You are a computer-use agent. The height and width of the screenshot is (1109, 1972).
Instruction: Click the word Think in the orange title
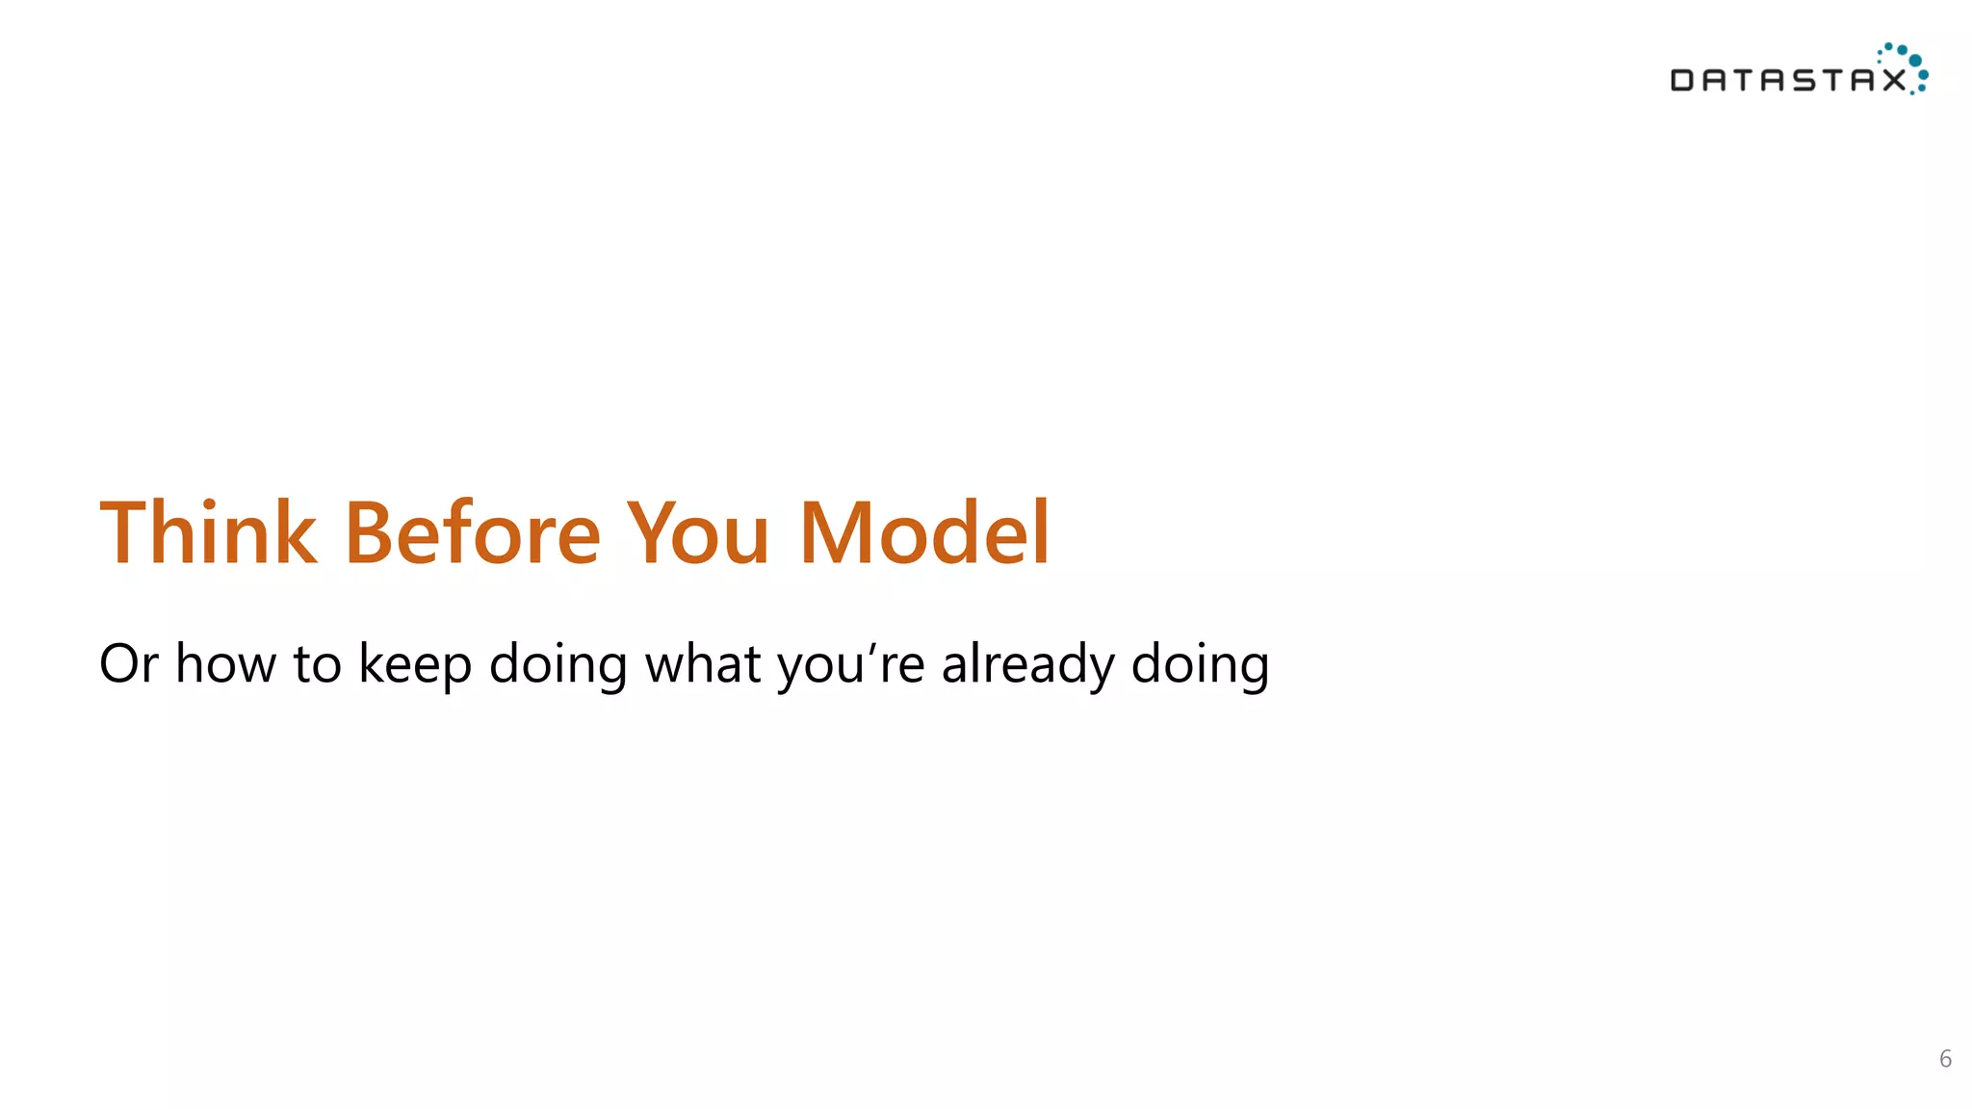208,533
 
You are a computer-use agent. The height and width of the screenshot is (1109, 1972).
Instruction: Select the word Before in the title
473,533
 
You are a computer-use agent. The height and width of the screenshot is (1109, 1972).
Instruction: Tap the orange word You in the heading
698,533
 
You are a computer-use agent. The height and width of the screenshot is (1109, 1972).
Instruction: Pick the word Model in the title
924,533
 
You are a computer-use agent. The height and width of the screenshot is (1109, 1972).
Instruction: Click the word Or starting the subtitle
128,664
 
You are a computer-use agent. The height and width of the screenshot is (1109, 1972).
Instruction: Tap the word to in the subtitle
317,664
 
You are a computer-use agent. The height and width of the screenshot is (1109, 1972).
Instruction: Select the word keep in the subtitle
415,664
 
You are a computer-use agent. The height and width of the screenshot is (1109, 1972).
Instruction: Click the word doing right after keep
558,664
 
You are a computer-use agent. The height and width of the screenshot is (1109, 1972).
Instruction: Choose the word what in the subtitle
703,664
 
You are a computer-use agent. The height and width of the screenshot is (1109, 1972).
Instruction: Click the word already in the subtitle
1027,664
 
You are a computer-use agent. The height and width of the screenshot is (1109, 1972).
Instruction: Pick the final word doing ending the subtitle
1200,664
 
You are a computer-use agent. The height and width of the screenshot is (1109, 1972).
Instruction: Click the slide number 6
1945,1059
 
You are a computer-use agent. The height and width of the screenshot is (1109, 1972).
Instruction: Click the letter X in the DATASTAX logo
1894,80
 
